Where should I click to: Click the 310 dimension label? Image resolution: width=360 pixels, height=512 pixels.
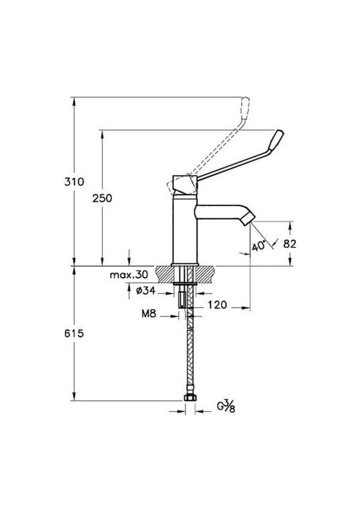coord(74,182)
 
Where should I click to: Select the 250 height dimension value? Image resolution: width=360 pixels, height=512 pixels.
coord(102,198)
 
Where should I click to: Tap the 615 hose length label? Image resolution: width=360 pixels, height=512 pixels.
coord(74,333)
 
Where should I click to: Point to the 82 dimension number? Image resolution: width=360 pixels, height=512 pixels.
coord(290,244)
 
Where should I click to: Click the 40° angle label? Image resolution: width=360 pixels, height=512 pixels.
coord(258,246)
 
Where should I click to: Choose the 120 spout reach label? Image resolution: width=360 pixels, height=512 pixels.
coord(218,305)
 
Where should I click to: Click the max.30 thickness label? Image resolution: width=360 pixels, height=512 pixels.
coord(129,275)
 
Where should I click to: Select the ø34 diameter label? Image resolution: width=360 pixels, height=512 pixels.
coord(145,290)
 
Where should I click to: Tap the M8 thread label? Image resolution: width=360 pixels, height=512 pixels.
coord(149,314)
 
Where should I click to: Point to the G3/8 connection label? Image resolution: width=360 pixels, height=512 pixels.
coord(226,407)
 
